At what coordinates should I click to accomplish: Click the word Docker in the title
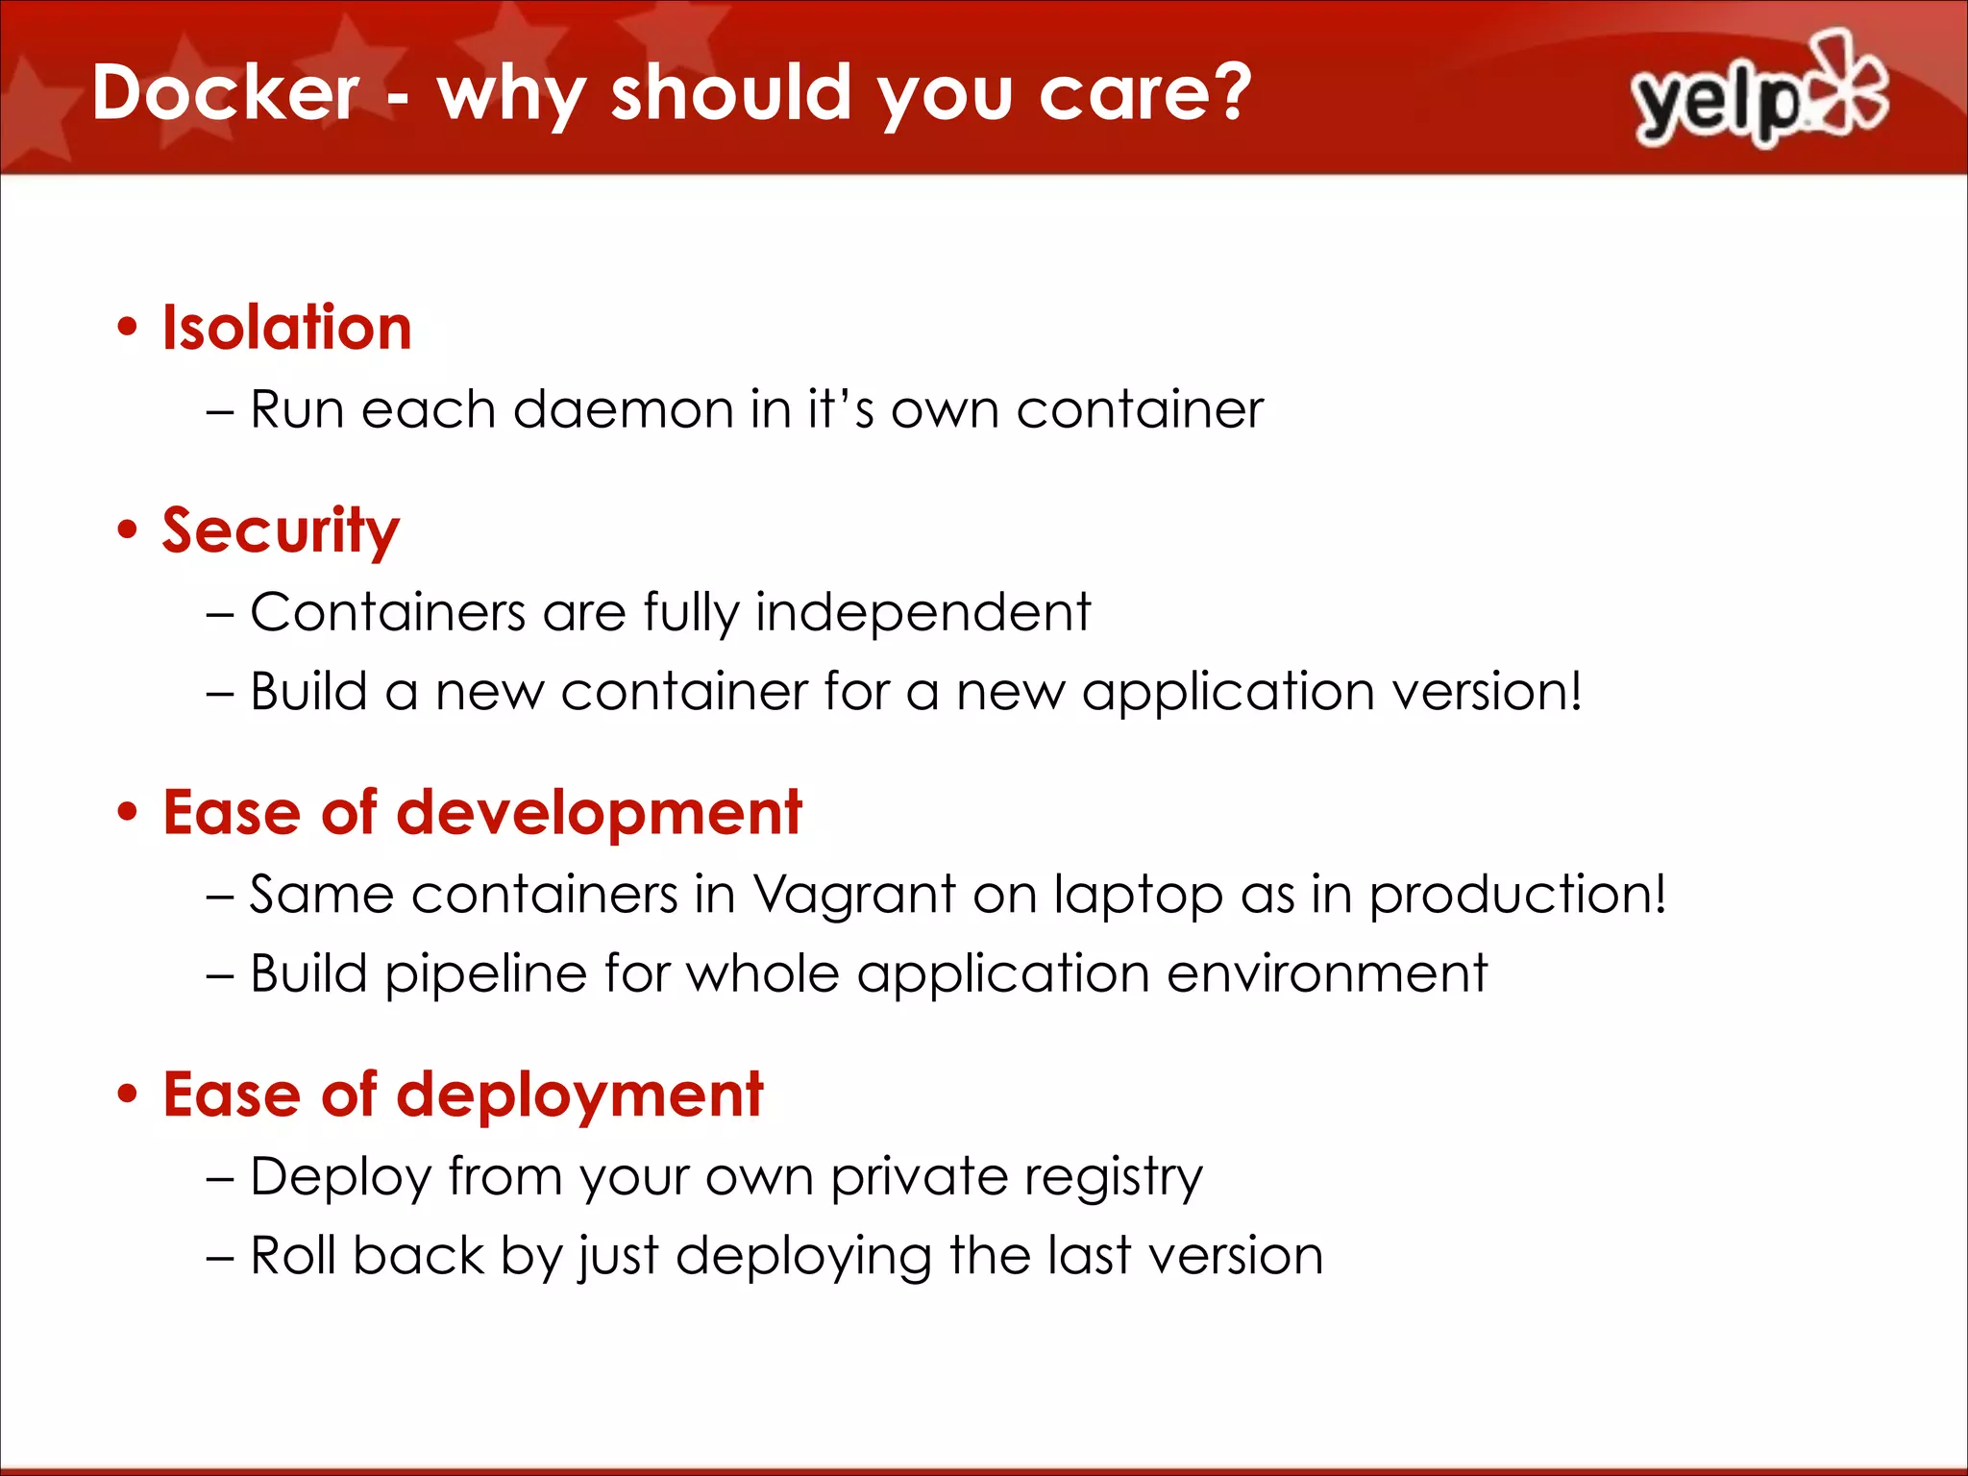tap(226, 92)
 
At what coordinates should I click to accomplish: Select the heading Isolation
tap(286, 328)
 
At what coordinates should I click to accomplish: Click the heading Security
tap(280, 530)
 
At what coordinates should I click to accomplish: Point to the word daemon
tap(624, 410)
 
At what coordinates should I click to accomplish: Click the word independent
tap(922, 612)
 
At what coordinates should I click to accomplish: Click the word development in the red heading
tap(599, 813)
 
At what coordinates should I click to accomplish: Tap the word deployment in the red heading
tap(579, 1095)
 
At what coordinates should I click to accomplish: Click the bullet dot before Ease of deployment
tap(128, 1095)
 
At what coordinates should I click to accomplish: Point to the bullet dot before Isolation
tap(128, 328)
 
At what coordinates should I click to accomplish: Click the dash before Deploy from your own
tap(220, 1179)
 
